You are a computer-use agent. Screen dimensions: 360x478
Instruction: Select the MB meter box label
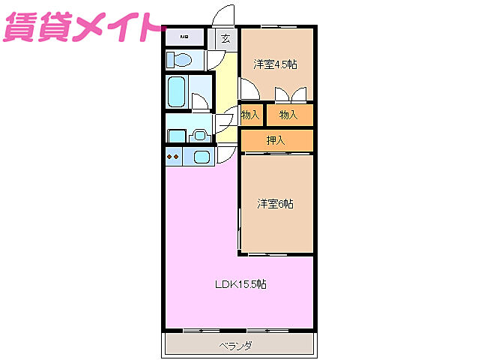pyautogui.click(x=183, y=37)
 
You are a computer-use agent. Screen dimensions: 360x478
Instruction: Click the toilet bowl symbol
pyautogui.click(x=180, y=59)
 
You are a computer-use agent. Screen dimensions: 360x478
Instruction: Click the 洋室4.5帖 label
pyautogui.click(x=275, y=64)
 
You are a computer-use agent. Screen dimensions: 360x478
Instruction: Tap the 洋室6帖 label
pyautogui.click(x=276, y=203)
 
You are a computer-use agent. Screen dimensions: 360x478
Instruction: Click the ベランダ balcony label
pyautogui.click(x=236, y=346)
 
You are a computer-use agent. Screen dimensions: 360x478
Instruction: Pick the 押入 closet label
pyautogui.click(x=276, y=140)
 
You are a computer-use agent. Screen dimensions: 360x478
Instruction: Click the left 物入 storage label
pyautogui.click(x=251, y=115)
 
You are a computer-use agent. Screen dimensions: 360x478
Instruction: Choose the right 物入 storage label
pyautogui.click(x=289, y=115)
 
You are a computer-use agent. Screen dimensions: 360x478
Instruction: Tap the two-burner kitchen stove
pyautogui.click(x=173, y=157)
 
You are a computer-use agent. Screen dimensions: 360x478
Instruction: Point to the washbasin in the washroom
pyautogui.click(x=199, y=135)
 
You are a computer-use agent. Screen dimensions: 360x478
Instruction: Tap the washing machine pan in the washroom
pyautogui.click(x=177, y=136)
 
